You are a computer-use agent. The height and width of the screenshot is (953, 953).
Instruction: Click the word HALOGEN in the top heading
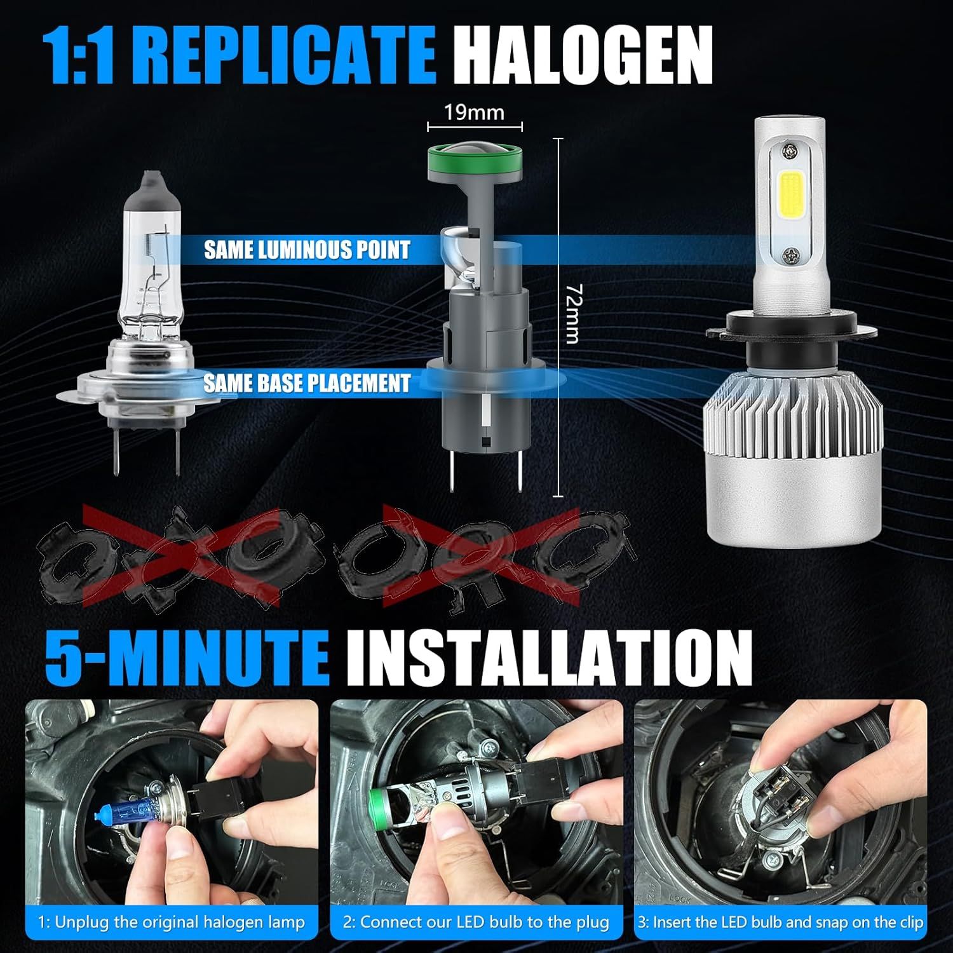[583, 55]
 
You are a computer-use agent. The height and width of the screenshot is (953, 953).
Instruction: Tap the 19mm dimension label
[474, 112]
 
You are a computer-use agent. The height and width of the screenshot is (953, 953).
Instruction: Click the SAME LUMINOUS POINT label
[307, 250]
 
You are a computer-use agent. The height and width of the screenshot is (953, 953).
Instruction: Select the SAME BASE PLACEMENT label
[307, 383]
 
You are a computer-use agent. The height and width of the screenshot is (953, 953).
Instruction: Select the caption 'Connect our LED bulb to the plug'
[476, 922]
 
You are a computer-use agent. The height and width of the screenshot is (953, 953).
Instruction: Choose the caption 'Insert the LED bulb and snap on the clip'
[781, 922]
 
